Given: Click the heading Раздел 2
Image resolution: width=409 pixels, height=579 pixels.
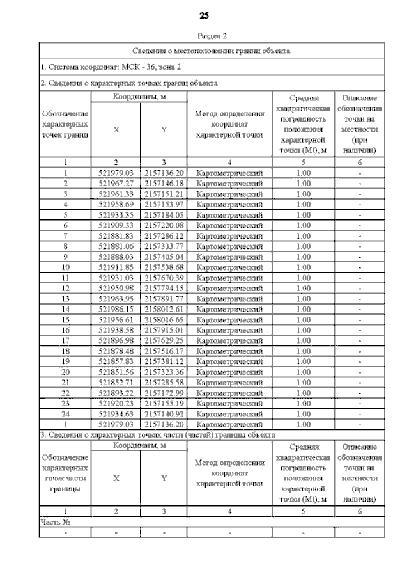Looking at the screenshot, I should pyautogui.click(x=204, y=36).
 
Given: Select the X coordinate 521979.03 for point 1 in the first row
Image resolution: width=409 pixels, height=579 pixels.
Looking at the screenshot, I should pyautogui.click(x=116, y=173).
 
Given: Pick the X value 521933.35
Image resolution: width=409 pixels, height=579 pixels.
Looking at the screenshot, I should pyautogui.click(x=116, y=214).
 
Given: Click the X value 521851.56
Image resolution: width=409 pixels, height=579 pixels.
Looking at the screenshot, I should pyautogui.click(x=116, y=371).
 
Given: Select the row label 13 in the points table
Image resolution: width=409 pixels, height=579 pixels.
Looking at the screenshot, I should pyautogui.click(x=65, y=298).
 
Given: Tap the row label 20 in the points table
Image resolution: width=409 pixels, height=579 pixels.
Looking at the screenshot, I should pyautogui.click(x=65, y=371).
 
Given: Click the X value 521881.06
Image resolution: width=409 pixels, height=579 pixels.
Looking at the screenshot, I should pyautogui.click(x=116, y=246).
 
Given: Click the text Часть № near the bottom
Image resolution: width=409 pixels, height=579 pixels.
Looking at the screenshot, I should pyautogui.click(x=55, y=521).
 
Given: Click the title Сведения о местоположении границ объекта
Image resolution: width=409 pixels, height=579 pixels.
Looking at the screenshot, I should pyautogui.click(x=212, y=50).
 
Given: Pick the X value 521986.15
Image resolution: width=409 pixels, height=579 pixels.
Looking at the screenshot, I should pyautogui.click(x=116, y=308).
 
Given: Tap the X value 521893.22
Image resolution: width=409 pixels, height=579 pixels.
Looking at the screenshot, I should pyautogui.click(x=116, y=392).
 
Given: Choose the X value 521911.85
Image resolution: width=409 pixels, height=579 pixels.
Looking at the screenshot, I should pyautogui.click(x=116, y=267).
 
